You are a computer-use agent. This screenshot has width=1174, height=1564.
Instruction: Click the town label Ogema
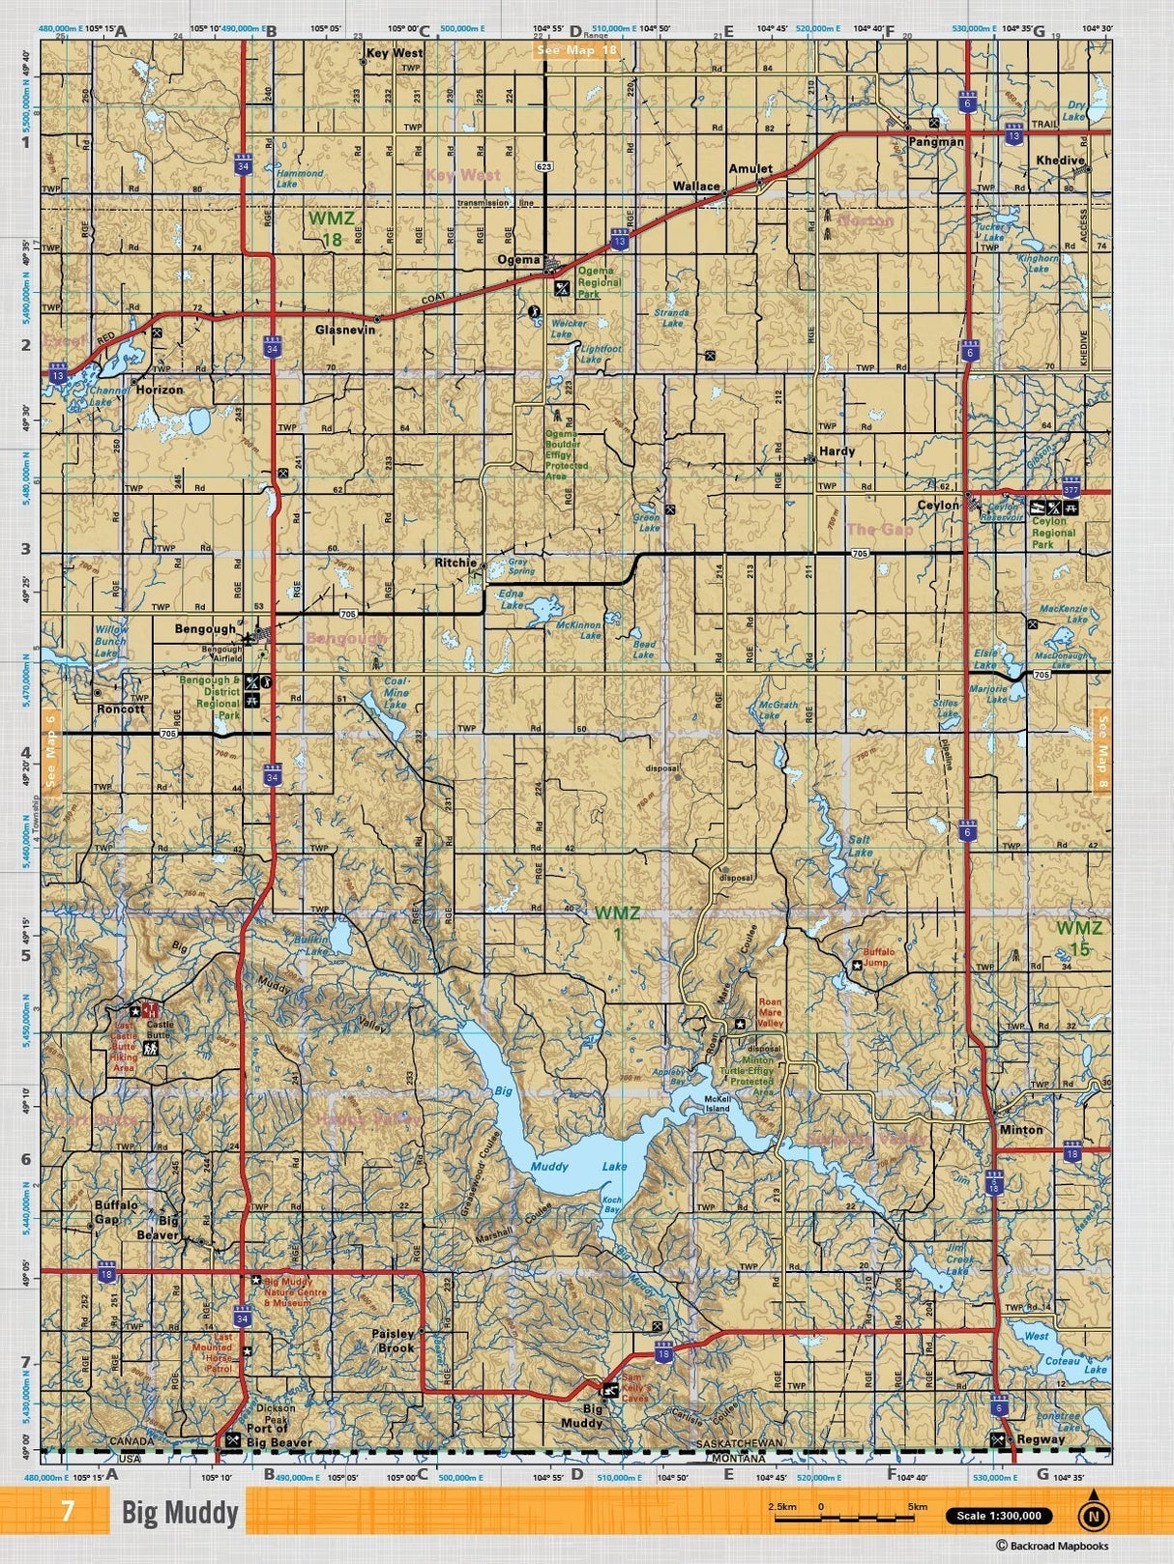(x=518, y=260)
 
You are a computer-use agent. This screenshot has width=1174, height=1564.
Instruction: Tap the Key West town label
(x=394, y=53)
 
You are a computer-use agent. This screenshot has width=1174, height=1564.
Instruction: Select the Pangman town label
(x=935, y=141)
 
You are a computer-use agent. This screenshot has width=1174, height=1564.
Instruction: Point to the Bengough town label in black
(x=205, y=628)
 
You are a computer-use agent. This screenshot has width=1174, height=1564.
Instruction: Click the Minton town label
(x=1020, y=1129)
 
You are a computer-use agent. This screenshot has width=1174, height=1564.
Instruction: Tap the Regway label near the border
(x=1040, y=1438)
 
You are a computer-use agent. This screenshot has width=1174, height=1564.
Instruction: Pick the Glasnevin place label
(x=344, y=329)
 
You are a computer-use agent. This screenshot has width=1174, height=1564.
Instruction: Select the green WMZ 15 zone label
(x=1078, y=938)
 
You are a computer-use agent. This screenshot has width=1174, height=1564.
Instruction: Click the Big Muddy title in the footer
(x=180, y=1512)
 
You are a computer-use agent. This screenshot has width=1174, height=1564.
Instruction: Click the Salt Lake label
(x=859, y=846)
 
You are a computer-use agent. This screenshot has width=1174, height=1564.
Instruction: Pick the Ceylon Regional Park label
(x=1053, y=533)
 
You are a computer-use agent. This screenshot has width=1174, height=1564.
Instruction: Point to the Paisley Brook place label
(x=394, y=1340)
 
